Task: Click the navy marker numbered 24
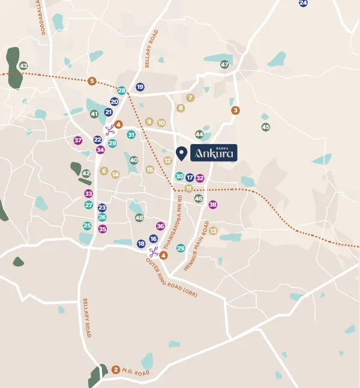click(303, 3)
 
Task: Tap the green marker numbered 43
click(23, 66)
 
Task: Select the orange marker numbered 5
click(92, 81)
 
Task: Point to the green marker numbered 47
click(224, 65)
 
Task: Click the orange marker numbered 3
click(235, 110)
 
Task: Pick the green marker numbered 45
click(266, 127)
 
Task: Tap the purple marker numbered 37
click(77, 141)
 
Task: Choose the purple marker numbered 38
click(212, 205)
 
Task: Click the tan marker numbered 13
click(212, 231)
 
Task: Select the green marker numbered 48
click(139, 217)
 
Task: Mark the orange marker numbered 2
click(116, 369)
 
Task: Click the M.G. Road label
click(137, 372)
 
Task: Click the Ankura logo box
click(214, 153)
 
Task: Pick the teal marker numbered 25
click(87, 226)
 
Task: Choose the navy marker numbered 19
click(140, 87)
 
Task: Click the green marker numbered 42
click(86, 174)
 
